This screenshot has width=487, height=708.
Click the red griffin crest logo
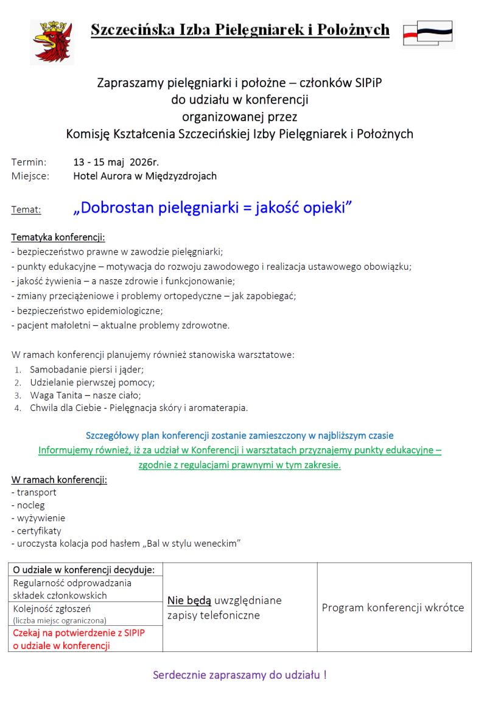(x=52, y=41)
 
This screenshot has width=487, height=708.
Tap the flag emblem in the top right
(x=429, y=33)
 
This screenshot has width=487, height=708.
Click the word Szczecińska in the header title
(x=130, y=30)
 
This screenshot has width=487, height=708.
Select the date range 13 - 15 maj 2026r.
(x=116, y=162)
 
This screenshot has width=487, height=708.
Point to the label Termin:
(x=29, y=162)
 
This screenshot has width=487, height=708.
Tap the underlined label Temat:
(x=26, y=210)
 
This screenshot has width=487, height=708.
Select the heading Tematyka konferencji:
(x=58, y=237)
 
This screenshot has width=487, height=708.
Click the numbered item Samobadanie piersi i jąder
(x=87, y=370)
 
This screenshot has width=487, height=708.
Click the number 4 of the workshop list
(x=18, y=408)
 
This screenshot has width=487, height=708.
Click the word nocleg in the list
(x=30, y=505)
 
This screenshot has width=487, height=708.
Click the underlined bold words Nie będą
(x=189, y=601)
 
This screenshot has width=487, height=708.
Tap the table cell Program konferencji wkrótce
(x=393, y=608)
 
